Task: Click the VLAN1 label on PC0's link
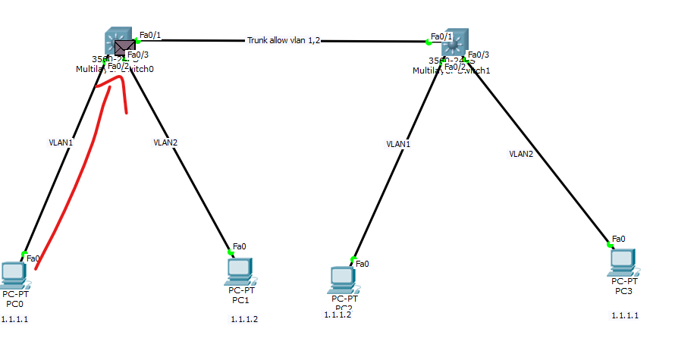(x=60, y=142)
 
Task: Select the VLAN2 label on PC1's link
(x=165, y=142)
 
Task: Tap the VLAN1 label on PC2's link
(x=397, y=143)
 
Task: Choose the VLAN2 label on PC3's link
(x=521, y=154)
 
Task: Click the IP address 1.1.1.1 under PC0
(x=14, y=319)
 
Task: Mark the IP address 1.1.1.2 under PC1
(x=244, y=319)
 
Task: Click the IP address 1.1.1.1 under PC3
(x=624, y=315)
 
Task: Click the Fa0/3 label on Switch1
(x=479, y=55)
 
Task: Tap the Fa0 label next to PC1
(x=239, y=246)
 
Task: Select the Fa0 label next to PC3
(x=618, y=239)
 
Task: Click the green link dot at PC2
(x=353, y=258)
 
